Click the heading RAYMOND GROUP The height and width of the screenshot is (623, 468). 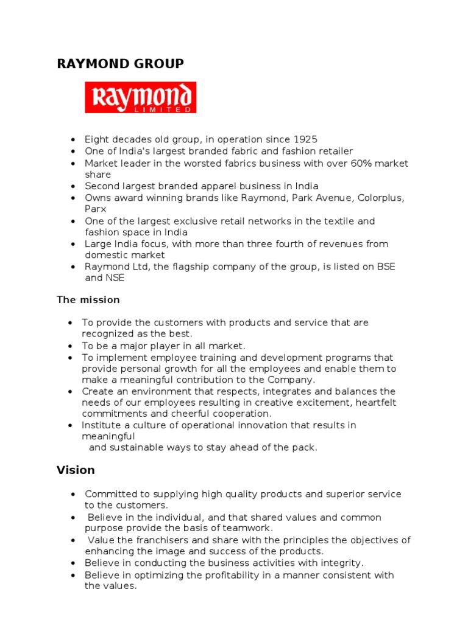coord(120,64)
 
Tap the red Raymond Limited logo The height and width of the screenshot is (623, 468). coord(140,98)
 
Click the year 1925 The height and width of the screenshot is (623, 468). coord(304,139)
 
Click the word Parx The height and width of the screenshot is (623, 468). coord(96,209)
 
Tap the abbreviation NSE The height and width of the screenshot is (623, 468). coord(115,277)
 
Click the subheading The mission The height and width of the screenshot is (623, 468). coord(88,300)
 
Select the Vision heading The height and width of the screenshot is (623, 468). coord(76,470)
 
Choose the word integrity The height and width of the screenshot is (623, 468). coord(341,563)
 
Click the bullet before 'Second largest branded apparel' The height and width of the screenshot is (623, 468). coord(73,186)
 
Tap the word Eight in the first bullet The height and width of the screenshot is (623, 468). coord(97,139)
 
